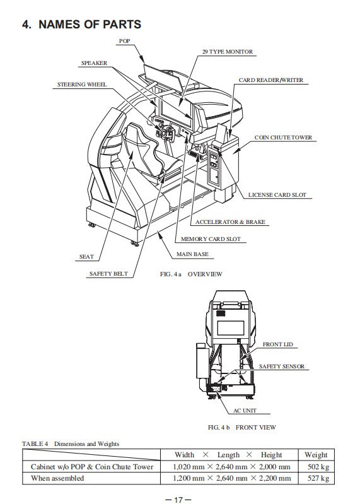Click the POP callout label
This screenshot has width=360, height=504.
pos(124,41)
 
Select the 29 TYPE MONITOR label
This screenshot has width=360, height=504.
pos(228,52)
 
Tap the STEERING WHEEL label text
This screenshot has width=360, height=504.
pos(82,85)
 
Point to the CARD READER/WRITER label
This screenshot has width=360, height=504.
pos(270,80)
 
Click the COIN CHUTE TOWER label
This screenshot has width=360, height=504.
pos(283,138)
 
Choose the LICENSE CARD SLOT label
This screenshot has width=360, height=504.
pos(277,195)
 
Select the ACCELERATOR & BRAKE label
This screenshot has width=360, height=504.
pos(230,222)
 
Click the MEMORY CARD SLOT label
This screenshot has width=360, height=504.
pos(211,239)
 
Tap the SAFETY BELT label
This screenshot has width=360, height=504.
pos(108,274)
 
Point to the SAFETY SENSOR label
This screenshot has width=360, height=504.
pos(282,366)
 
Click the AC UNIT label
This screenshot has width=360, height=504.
pos(245,411)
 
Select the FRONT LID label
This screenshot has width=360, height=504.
pos(278,344)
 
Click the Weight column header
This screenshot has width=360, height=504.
pos(316,455)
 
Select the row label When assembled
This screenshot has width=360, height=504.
pos(57,478)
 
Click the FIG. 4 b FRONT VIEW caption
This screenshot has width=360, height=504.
pos(242,427)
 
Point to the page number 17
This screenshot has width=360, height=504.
pos(178,500)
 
